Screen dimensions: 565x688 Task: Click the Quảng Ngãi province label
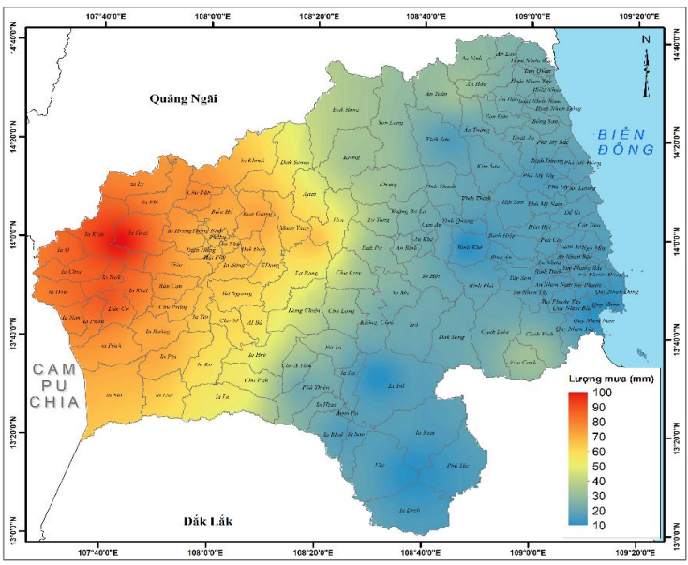[184, 97]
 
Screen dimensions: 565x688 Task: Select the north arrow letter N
[646, 39]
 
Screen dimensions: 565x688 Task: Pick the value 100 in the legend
[602, 394]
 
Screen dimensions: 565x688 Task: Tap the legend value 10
[599, 526]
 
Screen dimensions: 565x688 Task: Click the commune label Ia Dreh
[411, 510]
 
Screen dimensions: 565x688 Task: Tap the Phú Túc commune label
[456, 465]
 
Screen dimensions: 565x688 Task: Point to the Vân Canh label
[522, 362]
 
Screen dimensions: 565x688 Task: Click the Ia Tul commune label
[395, 385]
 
